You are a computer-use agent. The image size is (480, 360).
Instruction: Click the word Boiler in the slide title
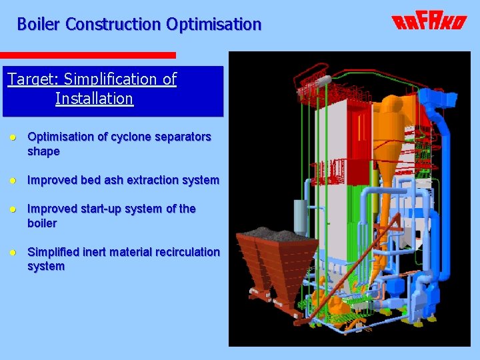(x=39, y=25)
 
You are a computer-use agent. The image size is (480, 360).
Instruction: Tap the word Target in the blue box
(x=31, y=79)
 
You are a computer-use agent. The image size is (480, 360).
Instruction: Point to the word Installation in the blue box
(x=94, y=99)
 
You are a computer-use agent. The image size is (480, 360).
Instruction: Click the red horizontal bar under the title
(x=87, y=55)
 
